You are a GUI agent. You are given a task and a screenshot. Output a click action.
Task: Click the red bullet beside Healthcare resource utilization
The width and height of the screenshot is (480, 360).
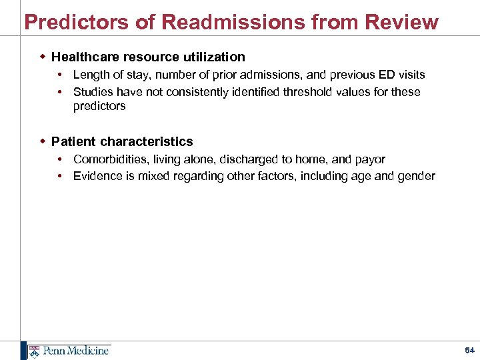[x=42, y=57]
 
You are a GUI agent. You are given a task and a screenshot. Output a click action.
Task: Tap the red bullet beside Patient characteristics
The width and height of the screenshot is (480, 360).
[x=42, y=141]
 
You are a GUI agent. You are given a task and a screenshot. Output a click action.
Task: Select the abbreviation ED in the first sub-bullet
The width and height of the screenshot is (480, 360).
[x=383, y=75]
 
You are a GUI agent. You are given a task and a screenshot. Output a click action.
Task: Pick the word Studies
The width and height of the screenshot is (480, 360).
[x=93, y=92]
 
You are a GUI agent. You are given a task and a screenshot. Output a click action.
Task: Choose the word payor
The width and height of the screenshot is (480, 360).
[x=370, y=159]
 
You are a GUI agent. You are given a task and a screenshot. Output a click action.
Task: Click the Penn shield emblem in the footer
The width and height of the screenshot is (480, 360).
[x=33, y=351]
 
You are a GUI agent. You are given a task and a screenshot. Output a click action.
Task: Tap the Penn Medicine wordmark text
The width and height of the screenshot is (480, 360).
[x=76, y=351]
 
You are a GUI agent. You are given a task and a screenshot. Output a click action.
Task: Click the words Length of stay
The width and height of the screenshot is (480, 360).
[x=111, y=75]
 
